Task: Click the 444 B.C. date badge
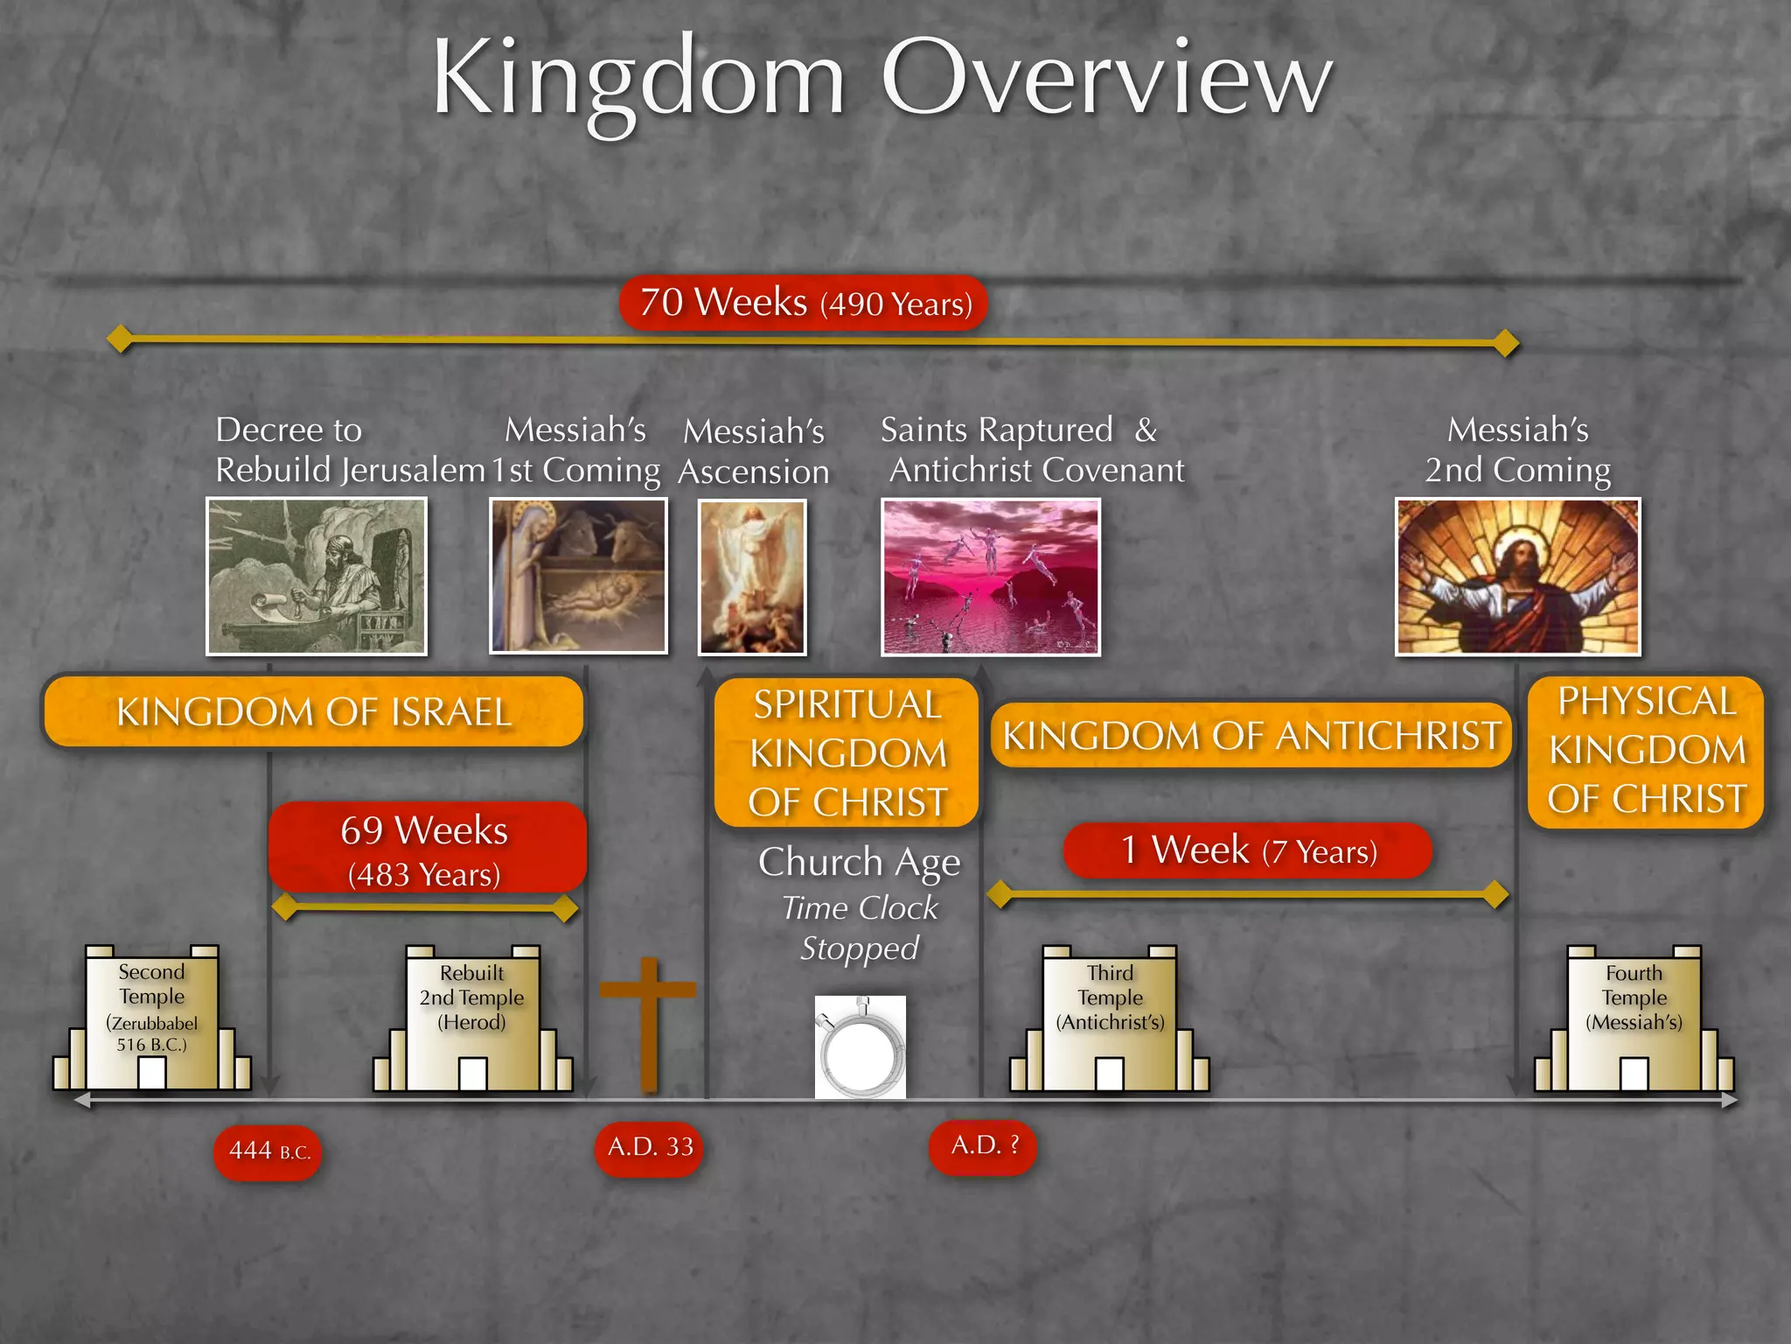click(x=268, y=1151)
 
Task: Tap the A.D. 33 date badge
click(x=650, y=1147)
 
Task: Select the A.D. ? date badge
click(x=983, y=1145)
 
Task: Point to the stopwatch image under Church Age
click(x=861, y=1047)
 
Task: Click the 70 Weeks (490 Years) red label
click(x=804, y=304)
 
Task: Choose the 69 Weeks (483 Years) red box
click(x=426, y=848)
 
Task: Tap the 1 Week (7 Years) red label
click(x=1247, y=850)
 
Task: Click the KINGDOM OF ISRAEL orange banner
click(x=314, y=711)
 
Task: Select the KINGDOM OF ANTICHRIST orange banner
click(x=1251, y=735)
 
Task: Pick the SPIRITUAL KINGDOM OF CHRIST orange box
click(x=847, y=752)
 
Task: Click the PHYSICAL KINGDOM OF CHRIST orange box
click(x=1646, y=751)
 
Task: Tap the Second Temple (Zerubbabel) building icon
click(x=152, y=1018)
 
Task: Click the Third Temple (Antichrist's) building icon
click(x=1110, y=1019)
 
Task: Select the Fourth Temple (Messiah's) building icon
click(x=1634, y=1019)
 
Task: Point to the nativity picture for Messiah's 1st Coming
click(x=578, y=576)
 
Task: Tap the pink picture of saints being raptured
click(x=990, y=577)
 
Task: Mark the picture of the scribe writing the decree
click(x=317, y=576)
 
